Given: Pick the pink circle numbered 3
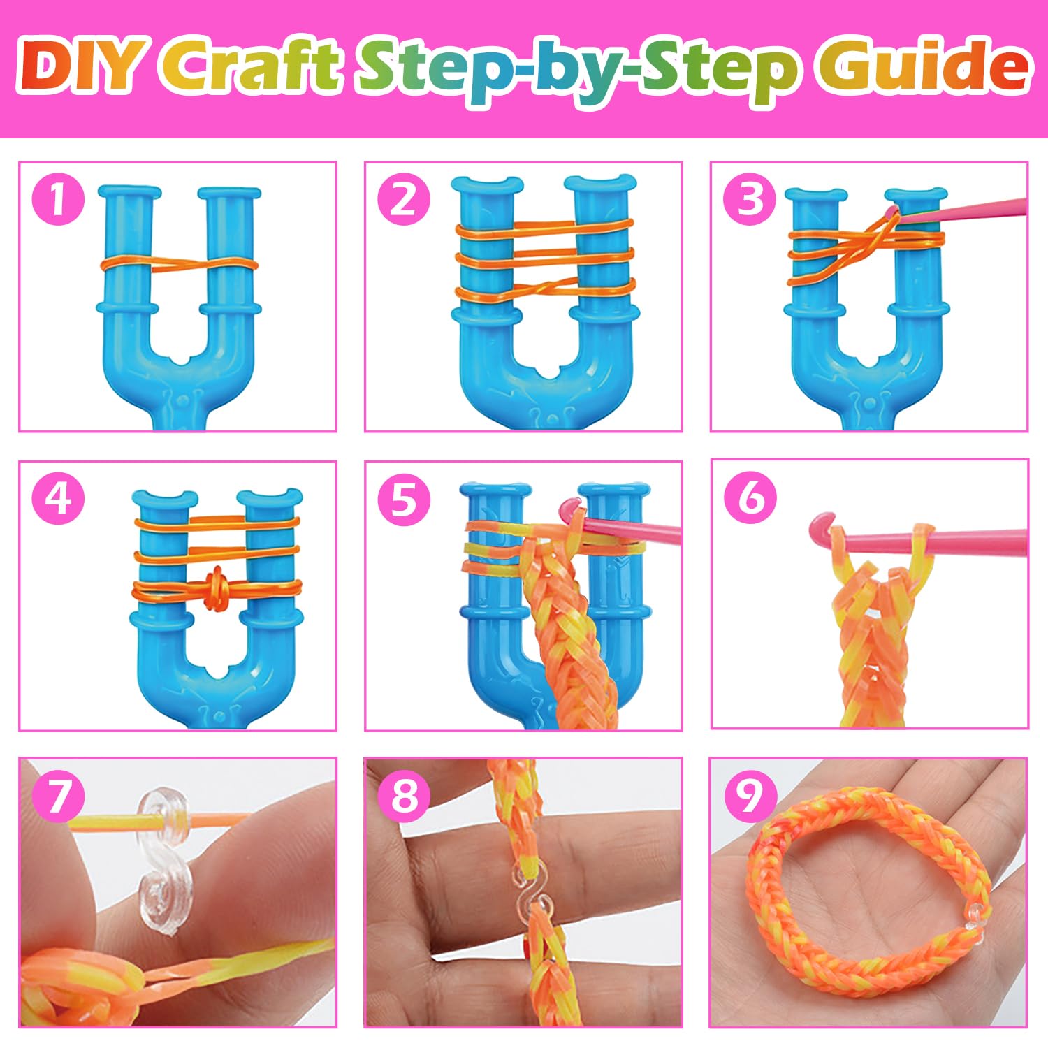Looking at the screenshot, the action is tap(750, 199).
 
